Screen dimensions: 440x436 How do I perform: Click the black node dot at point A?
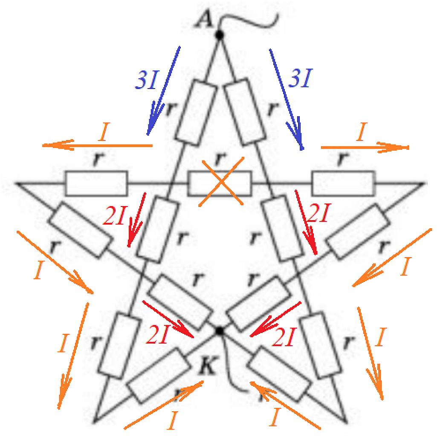pyautogui.click(x=219, y=35)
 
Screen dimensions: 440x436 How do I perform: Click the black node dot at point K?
pyautogui.click(x=220, y=331)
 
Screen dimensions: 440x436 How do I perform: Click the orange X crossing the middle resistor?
pyautogui.click(x=221, y=181)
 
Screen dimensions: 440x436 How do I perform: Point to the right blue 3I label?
pyautogui.click(x=301, y=77)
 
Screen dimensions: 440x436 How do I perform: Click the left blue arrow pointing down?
pyautogui.click(x=163, y=91)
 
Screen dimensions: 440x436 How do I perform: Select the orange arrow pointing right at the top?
pyautogui.click(x=365, y=147)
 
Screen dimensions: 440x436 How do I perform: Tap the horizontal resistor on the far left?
pyautogui.click(x=96, y=183)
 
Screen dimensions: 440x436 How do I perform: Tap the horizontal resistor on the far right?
pyautogui.click(x=343, y=183)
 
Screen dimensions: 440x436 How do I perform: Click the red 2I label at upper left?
pyautogui.click(x=114, y=216)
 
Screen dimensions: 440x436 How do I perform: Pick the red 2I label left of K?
pyautogui.click(x=157, y=335)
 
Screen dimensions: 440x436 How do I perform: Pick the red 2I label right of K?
pyautogui.click(x=283, y=337)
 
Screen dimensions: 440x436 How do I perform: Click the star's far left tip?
pyautogui.click(x=15, y=183)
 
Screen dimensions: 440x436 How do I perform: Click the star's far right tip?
pyautogui.click(x=424, y=184)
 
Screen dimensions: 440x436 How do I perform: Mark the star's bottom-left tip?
pyautogui.click(x=95, y=421)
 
